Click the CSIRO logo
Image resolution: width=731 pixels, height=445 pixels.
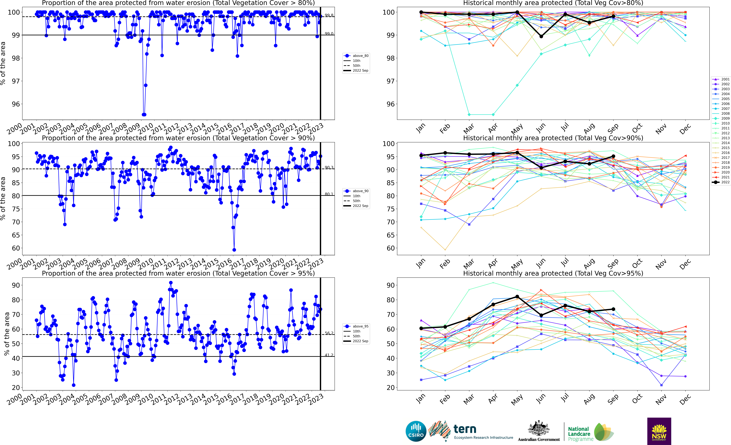coord(416,431)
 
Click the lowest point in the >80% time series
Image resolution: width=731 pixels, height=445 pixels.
coord(144,115)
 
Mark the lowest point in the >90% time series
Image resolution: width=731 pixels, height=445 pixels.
coord(234,250)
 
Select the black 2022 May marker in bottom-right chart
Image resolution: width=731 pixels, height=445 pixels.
coord(517,297)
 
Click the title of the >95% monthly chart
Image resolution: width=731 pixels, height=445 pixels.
coord(553,273)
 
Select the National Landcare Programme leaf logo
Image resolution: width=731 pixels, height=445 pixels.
coord(604,432)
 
